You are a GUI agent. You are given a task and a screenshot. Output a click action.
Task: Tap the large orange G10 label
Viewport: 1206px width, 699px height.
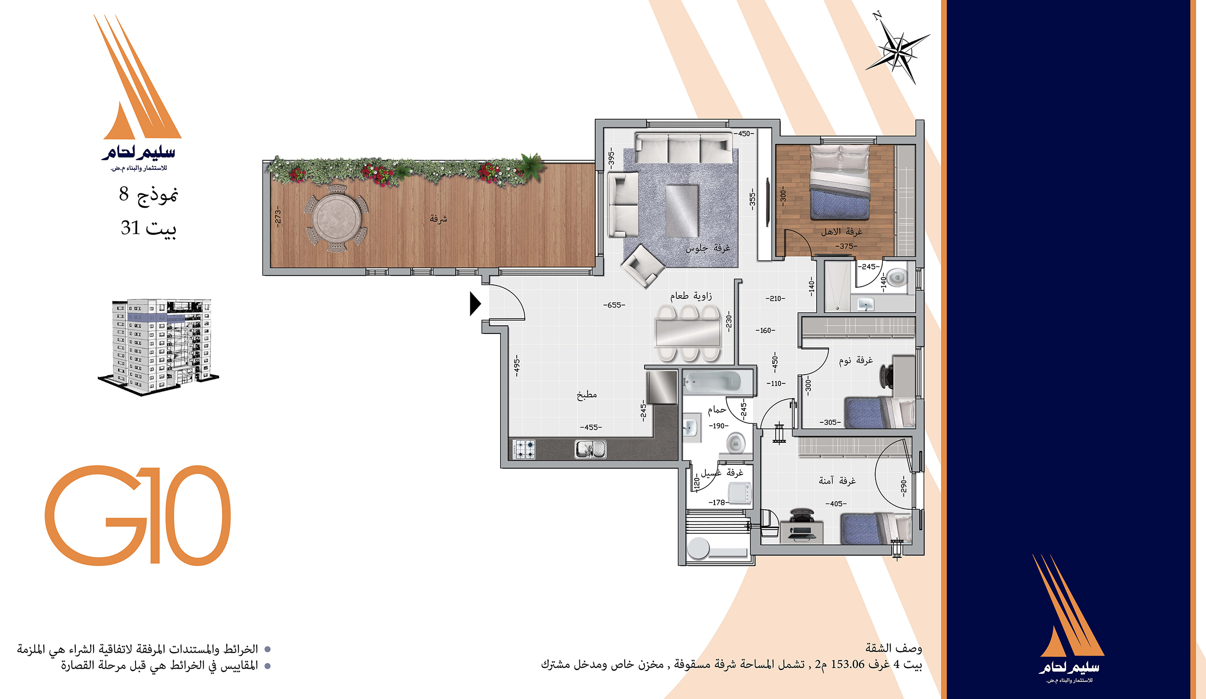click(x=138, y=515)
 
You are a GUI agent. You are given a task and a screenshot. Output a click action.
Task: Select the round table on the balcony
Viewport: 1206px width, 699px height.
click(x=337, y=218)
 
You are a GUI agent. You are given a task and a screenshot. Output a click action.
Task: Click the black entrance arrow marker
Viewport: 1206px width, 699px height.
click(x=475, y=304)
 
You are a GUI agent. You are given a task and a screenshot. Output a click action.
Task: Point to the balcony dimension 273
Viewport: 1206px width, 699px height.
click(x=278, y=216)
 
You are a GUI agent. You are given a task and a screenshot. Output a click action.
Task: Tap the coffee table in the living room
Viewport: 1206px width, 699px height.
click(x=682, y=210)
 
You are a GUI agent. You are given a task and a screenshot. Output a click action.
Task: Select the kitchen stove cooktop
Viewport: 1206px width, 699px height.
click(x=524, y=449)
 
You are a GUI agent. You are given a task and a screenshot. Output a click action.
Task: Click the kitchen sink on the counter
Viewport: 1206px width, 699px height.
click(x=590, y=449)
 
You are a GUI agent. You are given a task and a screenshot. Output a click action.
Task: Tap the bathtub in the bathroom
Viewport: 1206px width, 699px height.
click(x=712, y=381)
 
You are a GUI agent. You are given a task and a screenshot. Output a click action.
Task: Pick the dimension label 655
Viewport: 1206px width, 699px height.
click(x=614, y=305)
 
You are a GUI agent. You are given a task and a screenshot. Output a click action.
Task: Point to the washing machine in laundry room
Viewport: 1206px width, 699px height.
click(x=740, y=493)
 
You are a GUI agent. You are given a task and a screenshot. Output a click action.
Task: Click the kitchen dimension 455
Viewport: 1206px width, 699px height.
click(x=591, y=427)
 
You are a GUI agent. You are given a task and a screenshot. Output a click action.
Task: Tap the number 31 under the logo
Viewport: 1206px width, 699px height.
click(x=130, y=227)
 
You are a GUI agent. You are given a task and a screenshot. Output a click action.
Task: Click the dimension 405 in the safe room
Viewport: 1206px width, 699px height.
click(x=836, y=504)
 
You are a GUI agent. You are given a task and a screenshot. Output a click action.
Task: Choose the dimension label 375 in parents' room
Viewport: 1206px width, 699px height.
click(x=846, y=246)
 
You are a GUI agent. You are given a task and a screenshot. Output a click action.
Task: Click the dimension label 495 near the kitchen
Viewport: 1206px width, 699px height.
click(x=517, y=366)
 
